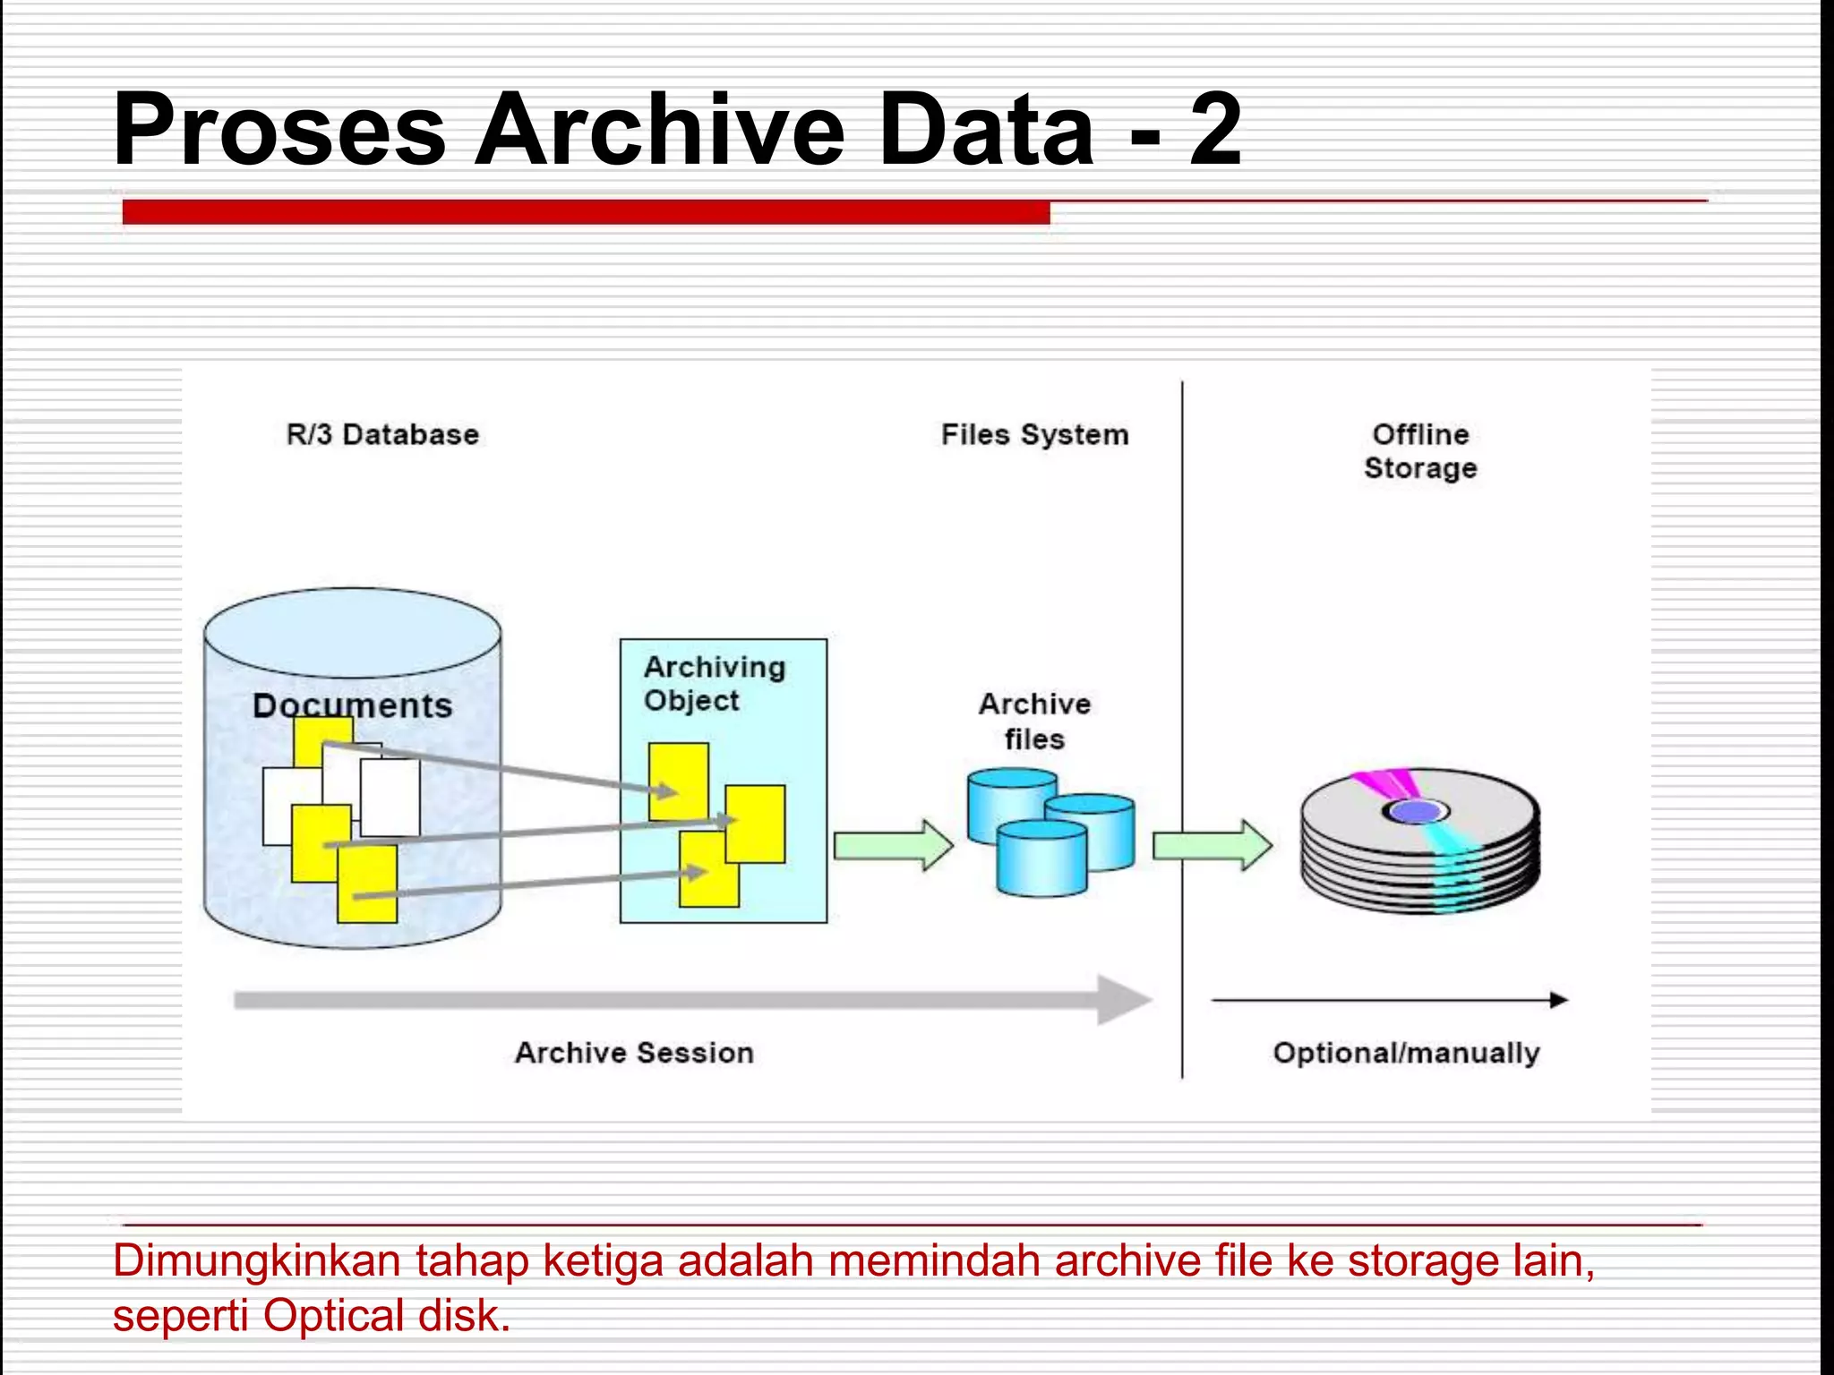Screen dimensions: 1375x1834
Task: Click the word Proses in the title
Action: (x=279, y=131)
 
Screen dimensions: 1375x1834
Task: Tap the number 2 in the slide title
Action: (x=1215, y=131)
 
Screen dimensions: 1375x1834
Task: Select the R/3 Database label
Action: (x=382, y=435)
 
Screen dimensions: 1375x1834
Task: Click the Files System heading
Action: (x=1034, y=435)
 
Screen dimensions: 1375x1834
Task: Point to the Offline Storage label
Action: (x=1420, y=451)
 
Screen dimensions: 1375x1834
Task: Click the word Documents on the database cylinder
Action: (x=352, y=705)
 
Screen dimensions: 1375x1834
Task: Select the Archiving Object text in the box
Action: (x=714, y=683)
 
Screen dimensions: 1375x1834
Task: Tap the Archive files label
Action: (x=1034, y=722)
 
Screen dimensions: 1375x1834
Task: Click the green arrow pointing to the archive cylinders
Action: (x=892, y=845)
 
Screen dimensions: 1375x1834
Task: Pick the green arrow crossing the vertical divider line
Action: (x=1212, y=845)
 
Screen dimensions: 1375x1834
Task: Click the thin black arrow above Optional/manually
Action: (x=1388, y=1000)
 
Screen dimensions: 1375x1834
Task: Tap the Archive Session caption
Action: (x=634, y=1053)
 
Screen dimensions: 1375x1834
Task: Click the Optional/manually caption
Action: (x=1406, y=1053)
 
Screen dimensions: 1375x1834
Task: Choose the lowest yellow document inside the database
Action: (x=367, y=884)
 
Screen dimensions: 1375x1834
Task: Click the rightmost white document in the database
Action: (x=390, y=798)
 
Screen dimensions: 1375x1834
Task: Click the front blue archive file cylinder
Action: (x=1041, y=858)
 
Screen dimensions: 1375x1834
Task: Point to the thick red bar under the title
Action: (x=586, y=212)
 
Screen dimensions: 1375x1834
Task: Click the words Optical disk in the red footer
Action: (x=387, y=1316)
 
